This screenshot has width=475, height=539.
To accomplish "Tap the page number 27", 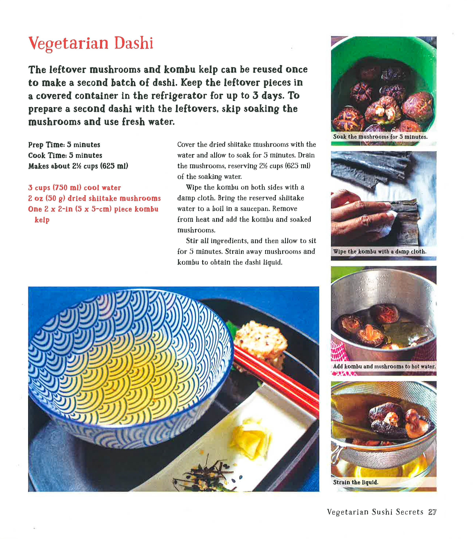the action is point(432,512).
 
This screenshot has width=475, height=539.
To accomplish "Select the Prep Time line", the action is point(64,145).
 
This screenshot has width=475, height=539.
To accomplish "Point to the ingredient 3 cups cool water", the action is point(74,188).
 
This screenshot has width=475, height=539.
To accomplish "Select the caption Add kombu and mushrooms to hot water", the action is point(384,366).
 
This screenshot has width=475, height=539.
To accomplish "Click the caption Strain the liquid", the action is point(356,482).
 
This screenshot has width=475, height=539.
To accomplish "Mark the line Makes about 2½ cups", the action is point(78,166).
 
